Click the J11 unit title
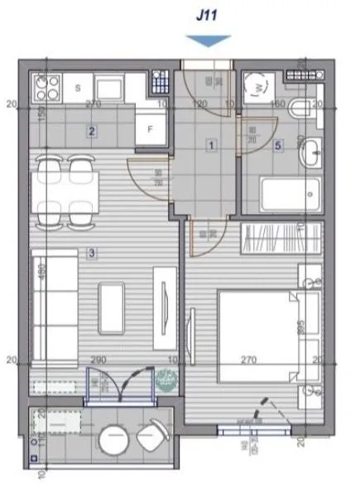pos(204,15)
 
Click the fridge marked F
pos(151,129)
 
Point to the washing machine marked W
pos(258,85)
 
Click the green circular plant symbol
pos(166,380)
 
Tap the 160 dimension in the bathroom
pos(277,105)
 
